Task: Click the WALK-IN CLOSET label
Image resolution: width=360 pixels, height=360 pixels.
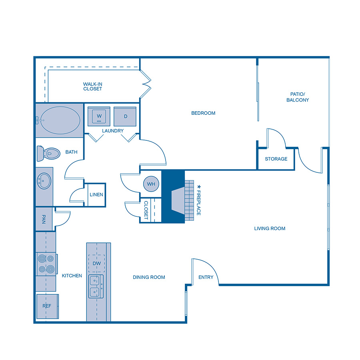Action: [92, 86]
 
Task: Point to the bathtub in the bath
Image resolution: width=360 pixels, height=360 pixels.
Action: [60, 120]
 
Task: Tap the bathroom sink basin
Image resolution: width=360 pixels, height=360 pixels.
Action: [44, 181]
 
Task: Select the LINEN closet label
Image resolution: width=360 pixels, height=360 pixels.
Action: [96, 195]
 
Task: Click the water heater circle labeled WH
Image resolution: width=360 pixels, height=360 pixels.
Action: [151, 184]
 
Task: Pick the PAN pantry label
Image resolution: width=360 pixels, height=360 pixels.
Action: [44, 219]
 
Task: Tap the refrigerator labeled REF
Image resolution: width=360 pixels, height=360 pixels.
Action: [47, 306]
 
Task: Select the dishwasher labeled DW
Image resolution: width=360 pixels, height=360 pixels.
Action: [96, 264]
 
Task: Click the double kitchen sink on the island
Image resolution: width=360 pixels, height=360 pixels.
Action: [95, 286]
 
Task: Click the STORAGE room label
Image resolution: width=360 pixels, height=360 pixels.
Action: [276, 159]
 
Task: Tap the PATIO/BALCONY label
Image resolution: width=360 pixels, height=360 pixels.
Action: [298, 97]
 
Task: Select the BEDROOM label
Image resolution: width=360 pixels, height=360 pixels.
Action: [203, 113]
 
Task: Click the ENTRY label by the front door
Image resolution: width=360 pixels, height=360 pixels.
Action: [206, 277]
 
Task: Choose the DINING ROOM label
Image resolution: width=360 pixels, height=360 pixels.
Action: [149, 277]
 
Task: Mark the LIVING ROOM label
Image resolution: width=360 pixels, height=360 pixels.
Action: [270, 228]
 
